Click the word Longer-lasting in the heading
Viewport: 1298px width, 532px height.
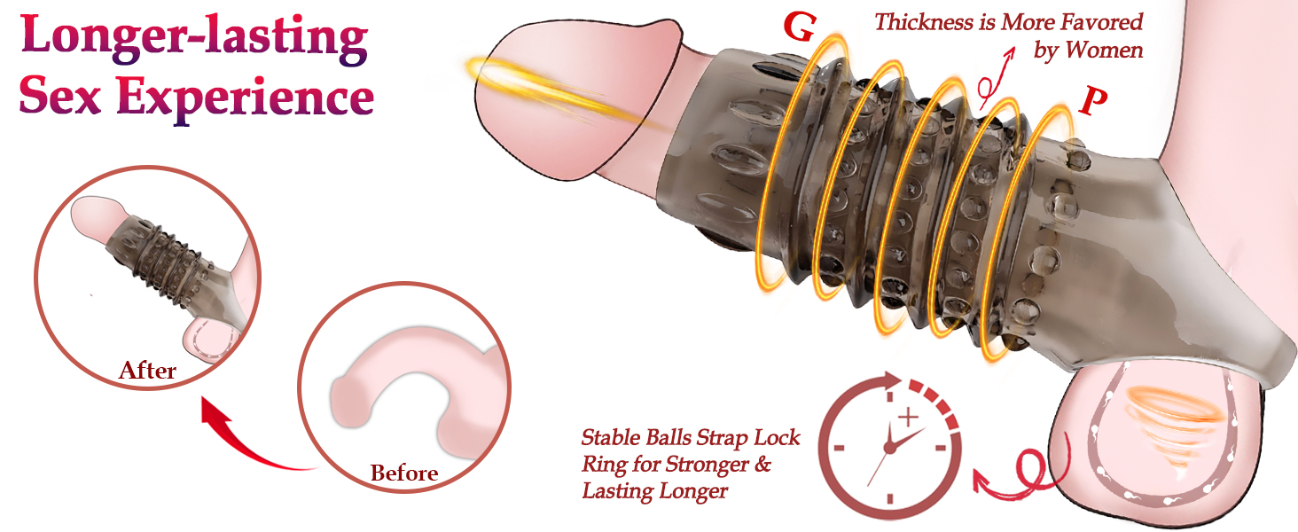(x=193, y=37)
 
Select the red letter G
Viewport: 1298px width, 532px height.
(x=800, y=27)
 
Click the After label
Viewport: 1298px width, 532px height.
(x=147, y=370)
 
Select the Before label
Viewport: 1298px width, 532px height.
(x=403, y=473)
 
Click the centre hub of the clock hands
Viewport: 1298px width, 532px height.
(x=890, y=449)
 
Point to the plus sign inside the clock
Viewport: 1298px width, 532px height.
(x=907, y=416)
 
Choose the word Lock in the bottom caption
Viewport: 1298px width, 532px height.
(x=775, y=438)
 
